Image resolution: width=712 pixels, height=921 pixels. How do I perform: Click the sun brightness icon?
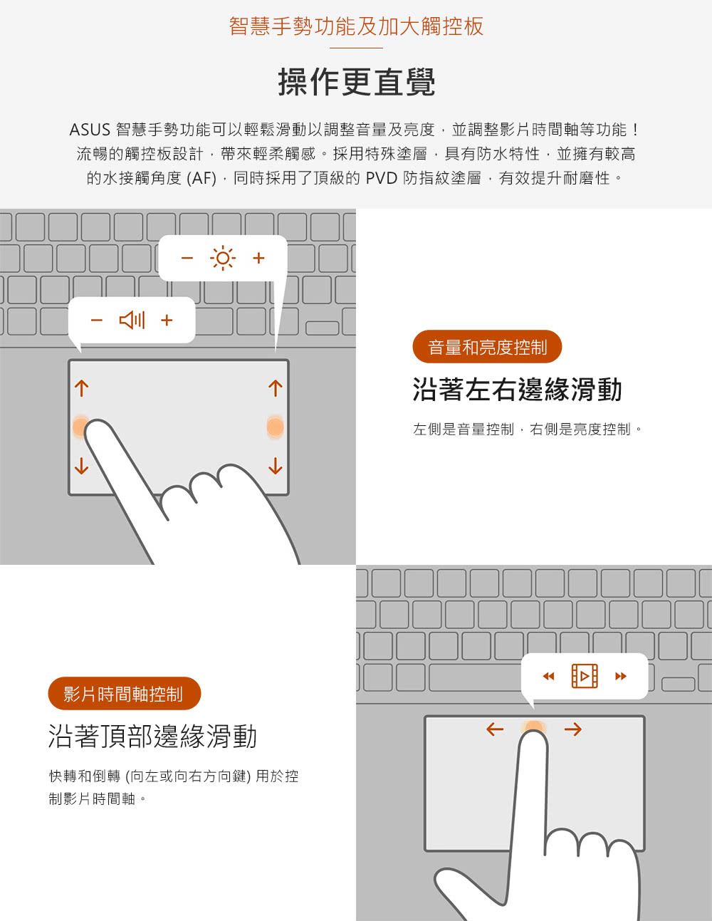pyautogui.click(x=223, y=258)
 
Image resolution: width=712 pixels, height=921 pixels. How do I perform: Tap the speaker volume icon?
pyautogui.click(x=132, y=320)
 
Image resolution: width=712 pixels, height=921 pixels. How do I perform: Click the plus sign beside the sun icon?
pyautogui.click(x=258, y=258)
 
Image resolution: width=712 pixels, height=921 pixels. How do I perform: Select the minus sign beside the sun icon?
pyautogui.click(x=187, y=258)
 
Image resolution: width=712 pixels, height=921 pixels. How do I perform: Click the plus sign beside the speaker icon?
pyautogui.click(x=167, y=320)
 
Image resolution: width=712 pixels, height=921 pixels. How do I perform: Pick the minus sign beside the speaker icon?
pyautogui.click(x=97, y=320)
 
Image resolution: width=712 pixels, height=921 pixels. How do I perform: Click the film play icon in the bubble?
pyautogui.click(x=585, y=675)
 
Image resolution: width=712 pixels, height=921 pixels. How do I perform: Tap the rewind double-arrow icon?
pyautogui.click(x=548, y=676)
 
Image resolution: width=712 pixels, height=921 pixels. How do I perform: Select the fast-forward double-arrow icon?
pyautogui.click(x=621, y=676)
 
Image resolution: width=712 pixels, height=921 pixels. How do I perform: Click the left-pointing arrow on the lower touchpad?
pyautogui.click(x=495, y=729)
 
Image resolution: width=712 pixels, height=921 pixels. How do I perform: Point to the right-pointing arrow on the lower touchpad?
pyautogui.click(x=573, y=729)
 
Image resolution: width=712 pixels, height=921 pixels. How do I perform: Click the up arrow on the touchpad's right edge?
pyautogui.click(x=276, y=388)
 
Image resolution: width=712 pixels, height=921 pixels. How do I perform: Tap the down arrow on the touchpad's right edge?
pyautogui.click(x=276, y=466)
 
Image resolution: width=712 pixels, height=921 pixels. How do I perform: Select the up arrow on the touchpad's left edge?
pyautogui.click(x=82, y=388)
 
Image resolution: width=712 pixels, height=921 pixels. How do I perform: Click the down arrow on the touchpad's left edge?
pyautogui.click(x=82, y=466)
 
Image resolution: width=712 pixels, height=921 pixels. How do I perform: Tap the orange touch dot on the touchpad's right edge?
pyautogui.click(x=276, y=427)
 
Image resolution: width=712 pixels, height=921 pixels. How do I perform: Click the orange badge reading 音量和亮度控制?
pyautogui.click(x=487, y=347)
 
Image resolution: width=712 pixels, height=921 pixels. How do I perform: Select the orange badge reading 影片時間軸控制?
pyautogui.click(x=124, y=694)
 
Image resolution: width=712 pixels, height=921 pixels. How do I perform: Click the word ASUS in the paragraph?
pyautogui.click(x=90, y=130)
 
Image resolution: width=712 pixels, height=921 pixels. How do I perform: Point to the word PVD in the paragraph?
pyautogui.click(x=381, y=179)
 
